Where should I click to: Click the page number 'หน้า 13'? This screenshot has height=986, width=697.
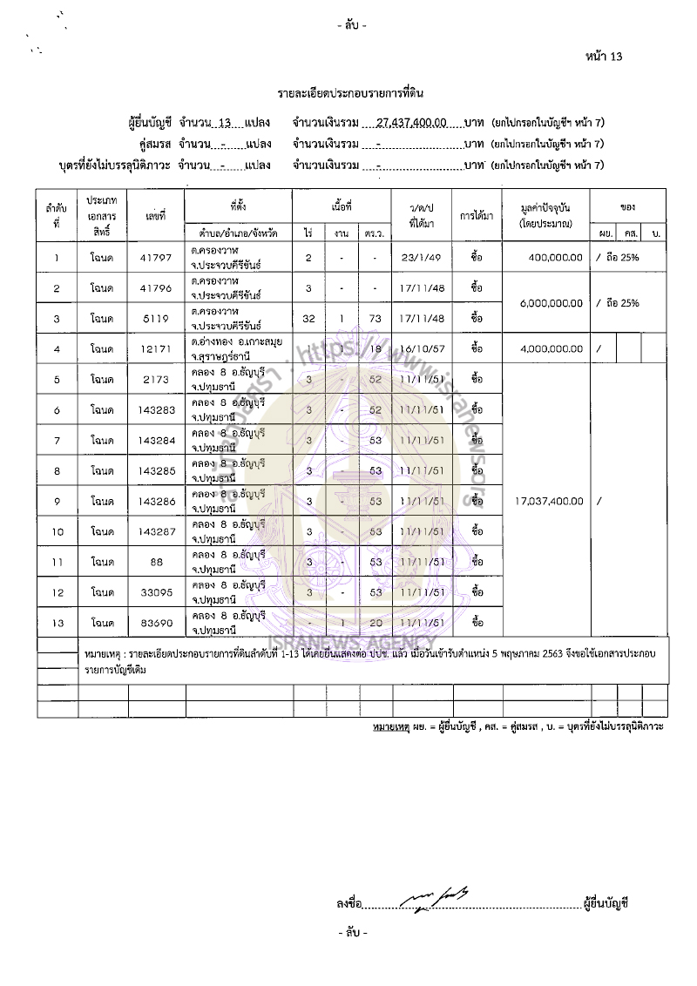coord(604,57)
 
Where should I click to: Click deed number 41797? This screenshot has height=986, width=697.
coord(157,258)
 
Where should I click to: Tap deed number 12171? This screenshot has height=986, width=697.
coord(157,348)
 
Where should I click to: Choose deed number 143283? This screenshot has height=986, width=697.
coord(157,409)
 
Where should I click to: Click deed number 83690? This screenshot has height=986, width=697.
coord(157,623)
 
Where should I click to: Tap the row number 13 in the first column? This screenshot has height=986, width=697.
coord(57,623)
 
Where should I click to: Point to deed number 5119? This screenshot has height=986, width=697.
coord(157,318)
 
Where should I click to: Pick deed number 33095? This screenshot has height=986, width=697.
coord(157,592)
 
